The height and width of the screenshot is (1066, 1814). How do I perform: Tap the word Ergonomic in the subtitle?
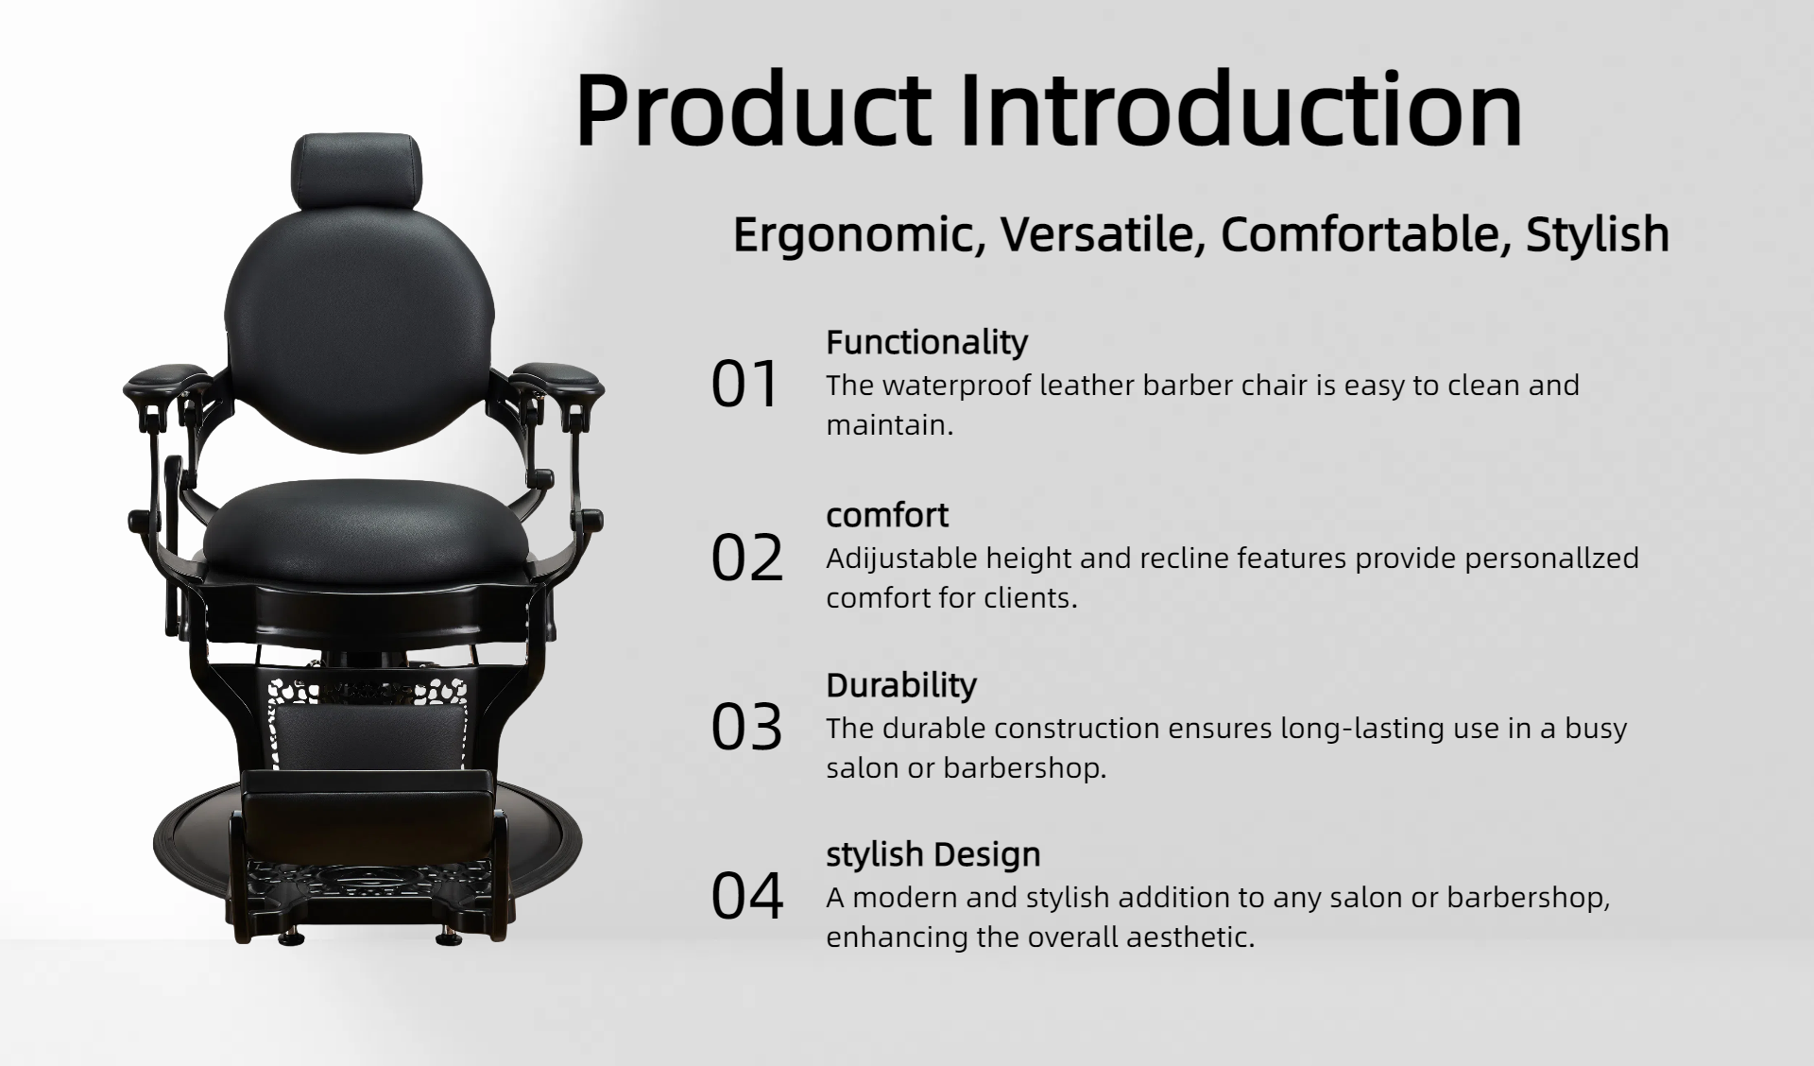(859, 235)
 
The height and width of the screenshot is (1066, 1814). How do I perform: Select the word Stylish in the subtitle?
(1597, 234)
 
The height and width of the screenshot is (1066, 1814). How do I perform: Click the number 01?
(744, 385)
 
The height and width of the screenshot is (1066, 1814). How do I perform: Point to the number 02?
(746, 558)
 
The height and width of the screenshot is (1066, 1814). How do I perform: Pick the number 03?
(746, 728)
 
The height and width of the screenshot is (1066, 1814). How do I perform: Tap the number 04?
(746, 896)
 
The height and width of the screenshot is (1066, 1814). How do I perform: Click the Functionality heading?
(927, 342)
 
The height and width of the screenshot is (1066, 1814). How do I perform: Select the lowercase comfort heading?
(887, 515)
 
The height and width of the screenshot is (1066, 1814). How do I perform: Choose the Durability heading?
(901, 685)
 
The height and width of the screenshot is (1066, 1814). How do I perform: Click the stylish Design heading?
(933, 854)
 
